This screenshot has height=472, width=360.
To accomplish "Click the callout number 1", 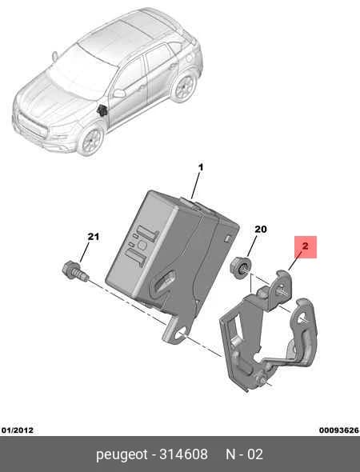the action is (201, 167).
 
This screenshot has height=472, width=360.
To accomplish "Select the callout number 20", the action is (261, 230).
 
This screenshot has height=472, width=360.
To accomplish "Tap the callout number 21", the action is (94, 237).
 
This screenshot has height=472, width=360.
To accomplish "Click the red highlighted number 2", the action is (306, 247).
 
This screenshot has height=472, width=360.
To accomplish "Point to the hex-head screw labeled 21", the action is (75, 271).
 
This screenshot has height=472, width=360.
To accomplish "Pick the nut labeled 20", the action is (240, 267).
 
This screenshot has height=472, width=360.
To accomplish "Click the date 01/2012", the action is (17, 430).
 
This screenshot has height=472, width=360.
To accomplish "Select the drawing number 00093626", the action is (339, 430).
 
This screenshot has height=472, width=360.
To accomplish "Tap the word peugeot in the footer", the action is (122, 454).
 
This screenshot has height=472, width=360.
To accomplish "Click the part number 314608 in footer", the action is (183, 454).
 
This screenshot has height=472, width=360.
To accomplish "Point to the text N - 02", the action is (245, 454).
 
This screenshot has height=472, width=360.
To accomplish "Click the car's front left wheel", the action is (91, 140).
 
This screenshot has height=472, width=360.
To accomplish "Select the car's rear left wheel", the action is (184, 87).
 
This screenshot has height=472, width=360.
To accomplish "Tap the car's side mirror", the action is (119, 93).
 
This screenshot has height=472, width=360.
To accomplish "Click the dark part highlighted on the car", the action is (102, 110).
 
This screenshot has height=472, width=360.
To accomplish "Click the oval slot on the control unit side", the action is (165, 281).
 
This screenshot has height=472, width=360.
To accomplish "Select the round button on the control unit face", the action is (142, 245).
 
